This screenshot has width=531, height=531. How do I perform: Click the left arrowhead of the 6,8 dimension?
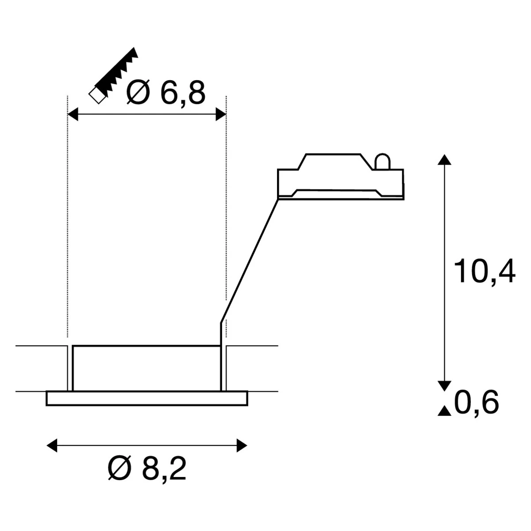72,115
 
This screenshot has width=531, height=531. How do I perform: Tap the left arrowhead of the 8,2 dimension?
52,446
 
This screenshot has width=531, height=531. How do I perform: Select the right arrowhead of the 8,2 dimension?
241,446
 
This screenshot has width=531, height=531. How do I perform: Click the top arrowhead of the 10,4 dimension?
445,160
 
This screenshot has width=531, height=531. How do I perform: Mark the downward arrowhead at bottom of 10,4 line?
445,385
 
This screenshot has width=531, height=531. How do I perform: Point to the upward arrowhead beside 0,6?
444,411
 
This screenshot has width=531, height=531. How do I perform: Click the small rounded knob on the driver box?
382,162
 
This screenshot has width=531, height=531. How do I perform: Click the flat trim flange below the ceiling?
146,398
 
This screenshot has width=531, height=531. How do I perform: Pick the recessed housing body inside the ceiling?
146,368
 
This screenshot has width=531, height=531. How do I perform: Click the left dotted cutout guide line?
67,221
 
